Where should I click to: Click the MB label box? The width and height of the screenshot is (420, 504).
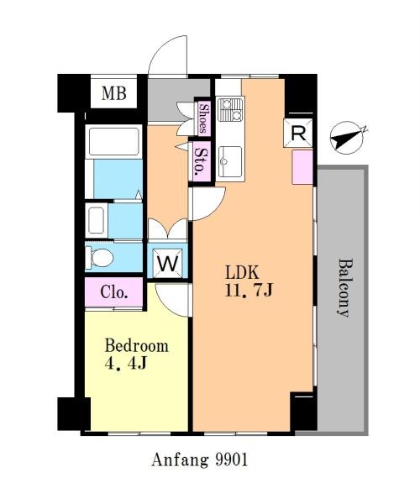(113, 93)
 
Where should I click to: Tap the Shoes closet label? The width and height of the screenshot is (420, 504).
(202, 117)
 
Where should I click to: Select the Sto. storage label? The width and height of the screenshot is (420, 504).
(202, 160)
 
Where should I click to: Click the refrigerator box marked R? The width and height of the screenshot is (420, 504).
(298, 133)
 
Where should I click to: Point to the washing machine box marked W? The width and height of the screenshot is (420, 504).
(167, 263)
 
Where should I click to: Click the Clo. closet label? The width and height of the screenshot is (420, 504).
(114, 292)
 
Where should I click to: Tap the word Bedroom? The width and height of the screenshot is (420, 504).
(137, 346)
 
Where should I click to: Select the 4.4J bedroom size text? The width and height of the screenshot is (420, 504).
(126, 363)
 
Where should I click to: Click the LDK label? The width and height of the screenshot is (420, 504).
(242, 273)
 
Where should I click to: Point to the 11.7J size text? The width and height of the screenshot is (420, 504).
(249, 291)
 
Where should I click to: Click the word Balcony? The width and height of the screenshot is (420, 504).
(343, 287)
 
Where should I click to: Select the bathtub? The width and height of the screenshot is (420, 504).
(113, 141)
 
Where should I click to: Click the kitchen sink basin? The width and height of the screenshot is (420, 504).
(230, 161)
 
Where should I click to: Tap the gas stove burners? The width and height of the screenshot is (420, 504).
(230, 109)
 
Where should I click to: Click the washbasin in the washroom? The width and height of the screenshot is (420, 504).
(96, 220)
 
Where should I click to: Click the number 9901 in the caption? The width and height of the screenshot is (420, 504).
(232, 459)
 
